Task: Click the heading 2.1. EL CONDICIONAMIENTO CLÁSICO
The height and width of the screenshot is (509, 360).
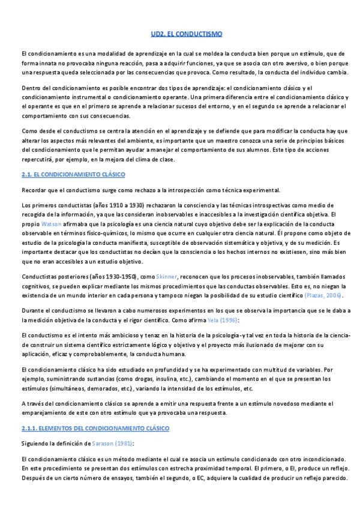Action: (73, 174)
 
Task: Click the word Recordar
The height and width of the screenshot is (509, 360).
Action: (33, 190)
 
